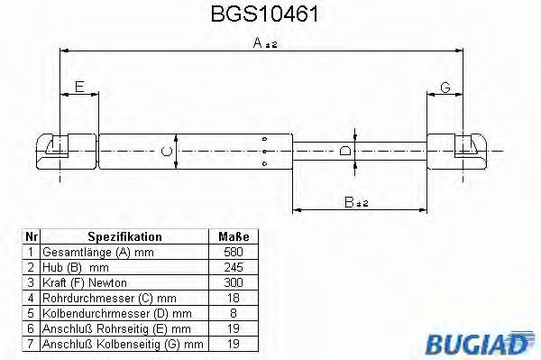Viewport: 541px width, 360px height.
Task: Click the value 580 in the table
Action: [x=233, y=252]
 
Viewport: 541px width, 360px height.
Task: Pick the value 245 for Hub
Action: [x=233, y=267]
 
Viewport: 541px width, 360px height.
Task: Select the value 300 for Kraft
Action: [x=233, y=282]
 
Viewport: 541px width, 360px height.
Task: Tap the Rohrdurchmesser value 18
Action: [x=233, y=298]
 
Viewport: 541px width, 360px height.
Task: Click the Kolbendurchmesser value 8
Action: [x=233, y=313]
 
